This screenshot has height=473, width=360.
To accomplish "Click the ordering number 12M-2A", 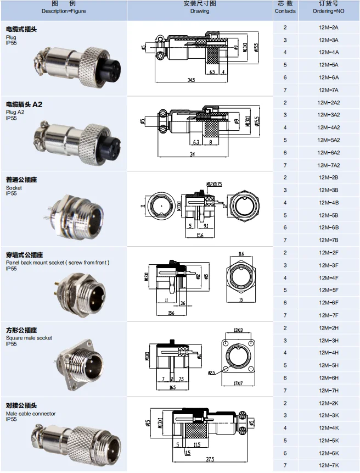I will [328, 27].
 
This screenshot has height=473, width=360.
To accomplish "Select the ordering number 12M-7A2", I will [328, 165].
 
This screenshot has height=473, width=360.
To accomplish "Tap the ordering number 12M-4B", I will [328, 203].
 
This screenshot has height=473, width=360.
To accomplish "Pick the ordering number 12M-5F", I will [328, 290].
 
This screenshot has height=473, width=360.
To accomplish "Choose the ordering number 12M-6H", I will [328, 378].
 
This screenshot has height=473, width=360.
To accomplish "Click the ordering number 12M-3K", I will [328, 415].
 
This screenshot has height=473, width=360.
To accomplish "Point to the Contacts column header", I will [285, 8].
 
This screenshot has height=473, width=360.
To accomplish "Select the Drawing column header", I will [200, 8].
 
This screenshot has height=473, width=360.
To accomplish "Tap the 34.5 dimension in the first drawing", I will [191, 81].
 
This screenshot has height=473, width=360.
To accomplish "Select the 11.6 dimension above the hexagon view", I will [241, 254].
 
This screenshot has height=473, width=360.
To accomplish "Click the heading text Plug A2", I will [15, 112].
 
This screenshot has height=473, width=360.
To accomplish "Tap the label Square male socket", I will [29, 338].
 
